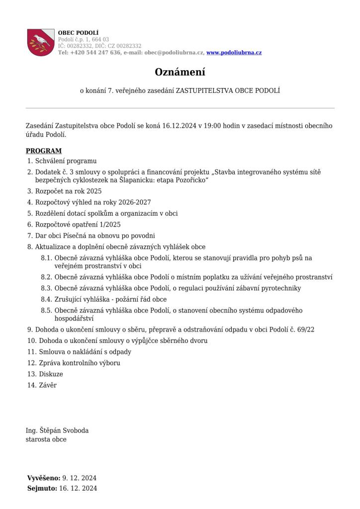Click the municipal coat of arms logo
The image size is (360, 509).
tap(41, 42)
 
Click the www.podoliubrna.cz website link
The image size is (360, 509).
tap(234, 53)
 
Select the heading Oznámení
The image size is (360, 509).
tap(180, 72)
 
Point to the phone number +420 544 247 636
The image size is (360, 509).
tap(95, 53)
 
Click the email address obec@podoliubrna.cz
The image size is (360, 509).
tap(174, 53)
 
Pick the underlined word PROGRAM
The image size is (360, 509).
tap(44, 151)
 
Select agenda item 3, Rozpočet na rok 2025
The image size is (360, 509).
tap(68, 190)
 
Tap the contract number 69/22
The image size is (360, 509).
tap(305, 329)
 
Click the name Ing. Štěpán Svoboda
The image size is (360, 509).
tap(57, 430)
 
